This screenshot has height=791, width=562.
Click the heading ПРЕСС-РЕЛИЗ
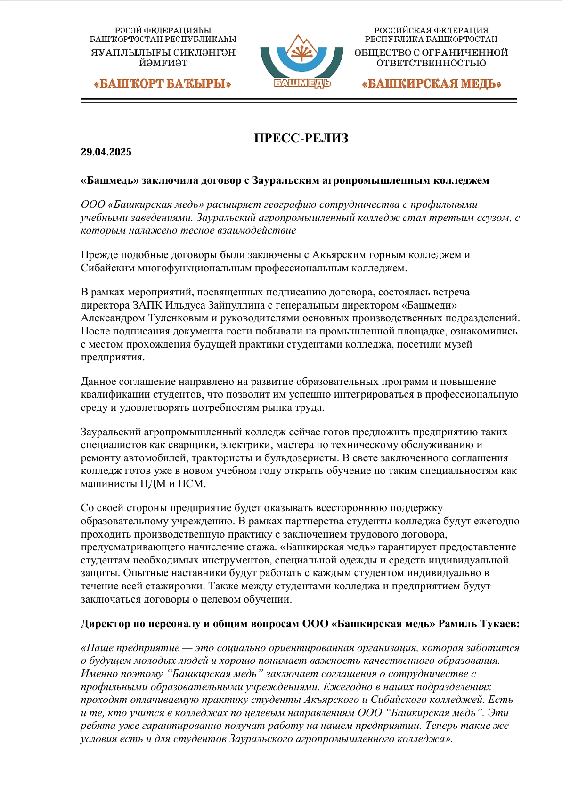point(301,138)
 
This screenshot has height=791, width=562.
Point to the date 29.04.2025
point(106,152)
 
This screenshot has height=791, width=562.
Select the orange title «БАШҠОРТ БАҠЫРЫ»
point(163,84)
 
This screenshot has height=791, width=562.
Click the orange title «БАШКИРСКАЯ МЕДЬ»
point(431,84)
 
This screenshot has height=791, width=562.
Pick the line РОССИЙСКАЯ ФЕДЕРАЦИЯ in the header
point(431,31)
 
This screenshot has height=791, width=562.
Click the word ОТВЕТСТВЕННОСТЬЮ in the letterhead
point(431,63)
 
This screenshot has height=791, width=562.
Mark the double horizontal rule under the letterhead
point(299,100)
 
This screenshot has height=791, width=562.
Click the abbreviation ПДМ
point(153,484)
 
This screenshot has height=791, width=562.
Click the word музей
point(457,344)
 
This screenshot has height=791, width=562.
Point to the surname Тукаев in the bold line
point(501,624)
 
